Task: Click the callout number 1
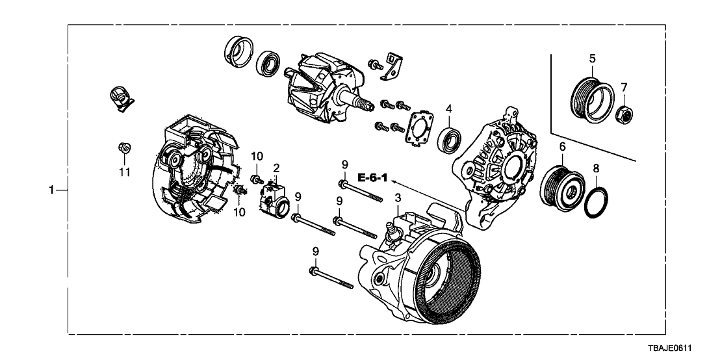pyautogui.click(x=51, y=190)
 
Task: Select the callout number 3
pyautogui.click(x=397, y=197)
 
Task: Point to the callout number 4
pyautogui.click(x=448, y=110)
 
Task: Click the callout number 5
pyautogui.click(x=592, y=58)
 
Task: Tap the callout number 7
pyautogui.click(x=624, y=87)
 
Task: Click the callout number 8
pyautogui.click(x=597, y=168)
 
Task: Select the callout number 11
pyautogui.click(x=124, y=172)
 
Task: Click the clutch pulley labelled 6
pyautogui.click(x=563, y=186)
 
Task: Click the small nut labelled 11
pyautogui.click(x=125, y=149)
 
